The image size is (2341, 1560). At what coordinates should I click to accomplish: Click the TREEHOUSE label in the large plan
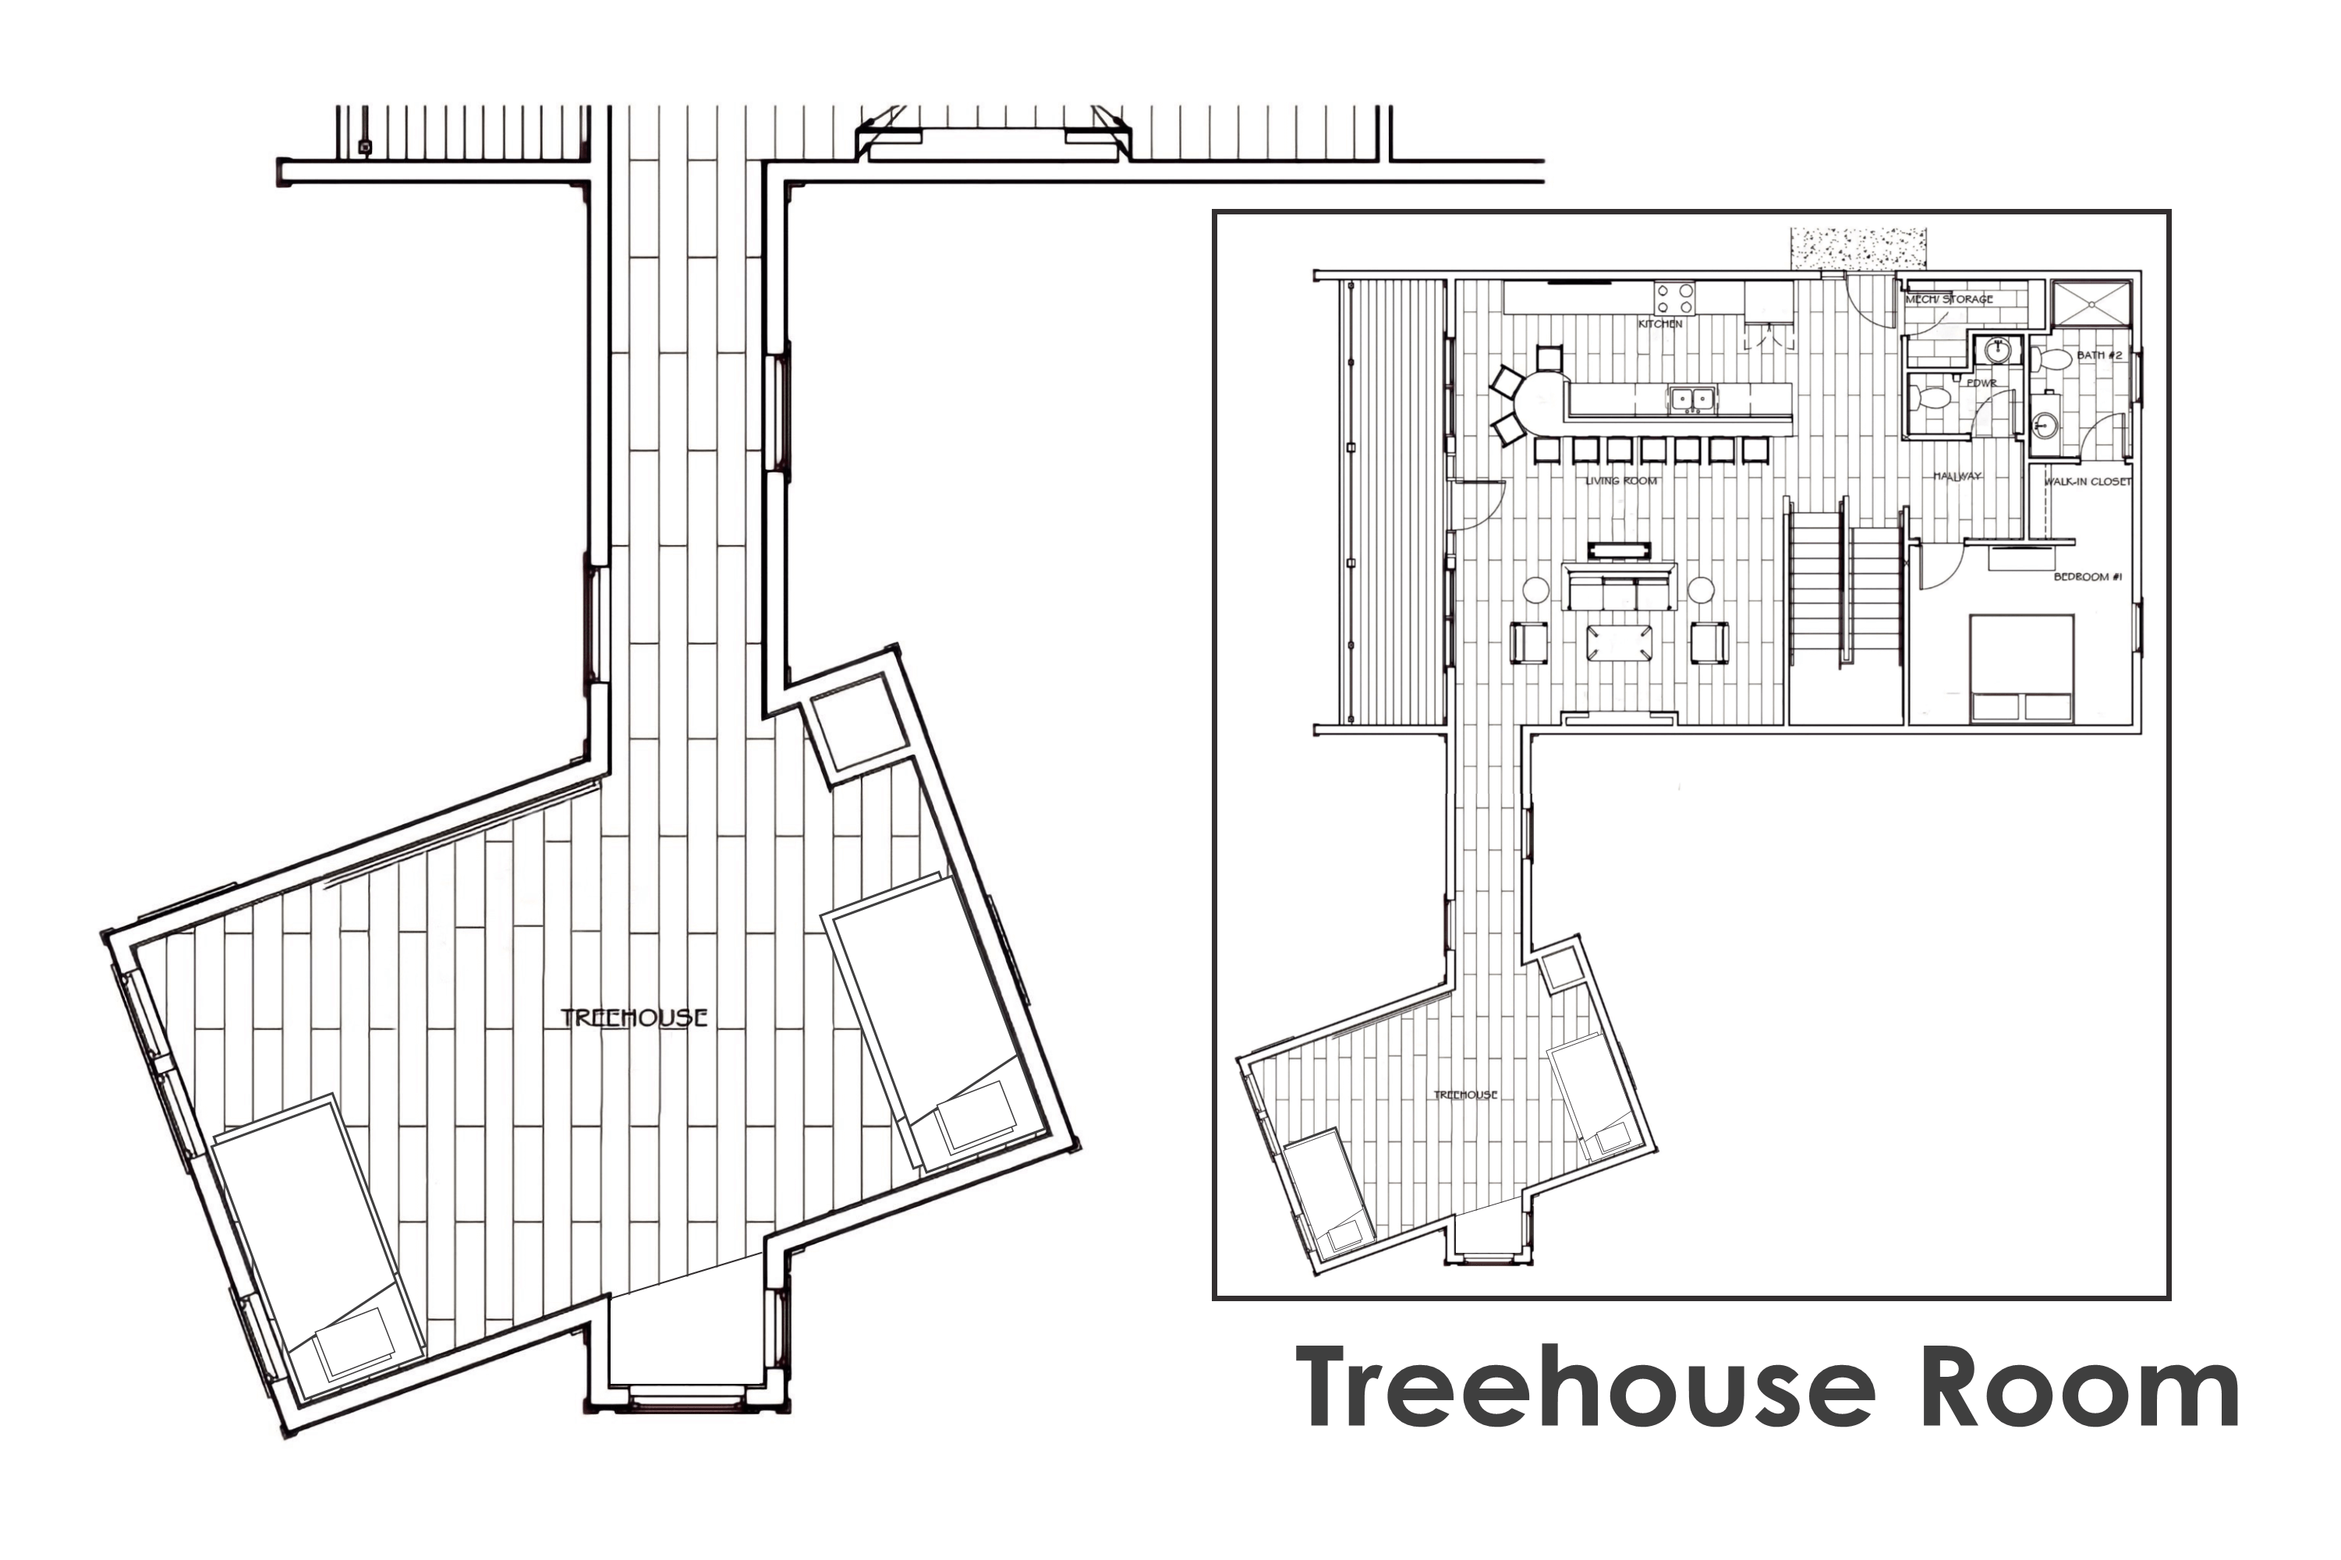(634, 1017)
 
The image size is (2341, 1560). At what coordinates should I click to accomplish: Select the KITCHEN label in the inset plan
(1660, 324)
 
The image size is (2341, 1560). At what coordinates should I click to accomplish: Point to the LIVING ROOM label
(1620, 480)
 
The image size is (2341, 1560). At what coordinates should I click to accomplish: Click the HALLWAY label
(1957, 476)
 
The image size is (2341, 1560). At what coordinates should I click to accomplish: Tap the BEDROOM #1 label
(2081, 577)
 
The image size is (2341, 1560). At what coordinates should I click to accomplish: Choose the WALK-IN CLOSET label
(2088, 482)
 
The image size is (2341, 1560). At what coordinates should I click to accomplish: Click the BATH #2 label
(2099, 356)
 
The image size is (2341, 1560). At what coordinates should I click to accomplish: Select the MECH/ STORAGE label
(1949, 299)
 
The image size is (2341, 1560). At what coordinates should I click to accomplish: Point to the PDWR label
(1982, 383)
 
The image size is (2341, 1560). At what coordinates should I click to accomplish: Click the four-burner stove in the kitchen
(1674, 299)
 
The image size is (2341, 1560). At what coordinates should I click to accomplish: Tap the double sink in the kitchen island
(1692, 399)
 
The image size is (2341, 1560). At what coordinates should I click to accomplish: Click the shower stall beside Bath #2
(2092, 303)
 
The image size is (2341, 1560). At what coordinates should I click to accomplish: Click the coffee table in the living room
(1620, 642)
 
